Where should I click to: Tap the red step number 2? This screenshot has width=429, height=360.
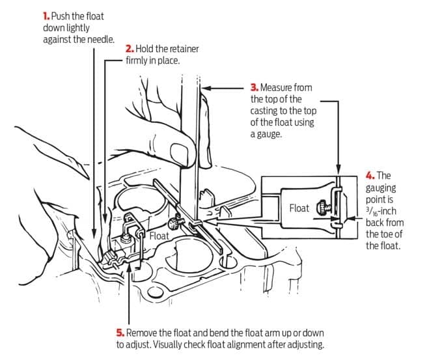pyautogui.click(x=129, y=49)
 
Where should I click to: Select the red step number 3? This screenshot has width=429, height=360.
pyautogui.click(x=254, y=87)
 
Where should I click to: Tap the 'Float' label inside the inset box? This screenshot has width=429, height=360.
pyautogui.click(x=299, y=208)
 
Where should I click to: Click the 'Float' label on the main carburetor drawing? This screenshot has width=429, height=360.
pyautogui.click(x=159, y=236)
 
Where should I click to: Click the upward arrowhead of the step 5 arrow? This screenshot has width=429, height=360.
pyautogui.click(x=131, y=268)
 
